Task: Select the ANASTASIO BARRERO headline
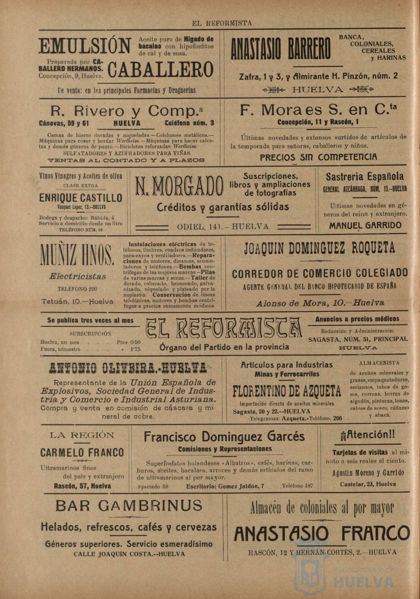pos(280,49)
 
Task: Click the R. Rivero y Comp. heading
pos(127,111)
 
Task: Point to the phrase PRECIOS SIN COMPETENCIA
pos(318,157)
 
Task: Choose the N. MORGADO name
pos(179,186)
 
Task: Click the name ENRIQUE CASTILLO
pos(81,198)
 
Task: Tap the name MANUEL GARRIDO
pos(365,225)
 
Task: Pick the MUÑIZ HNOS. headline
pos(77,255)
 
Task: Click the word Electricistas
pos(78,276)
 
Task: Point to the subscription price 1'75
pos(135,349)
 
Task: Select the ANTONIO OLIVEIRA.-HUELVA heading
pos(128,368)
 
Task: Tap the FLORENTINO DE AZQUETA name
pos(287,391)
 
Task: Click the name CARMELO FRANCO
pos(82,452)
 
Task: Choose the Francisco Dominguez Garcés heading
pos(224,436)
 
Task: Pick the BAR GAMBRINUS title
pos(129,506)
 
